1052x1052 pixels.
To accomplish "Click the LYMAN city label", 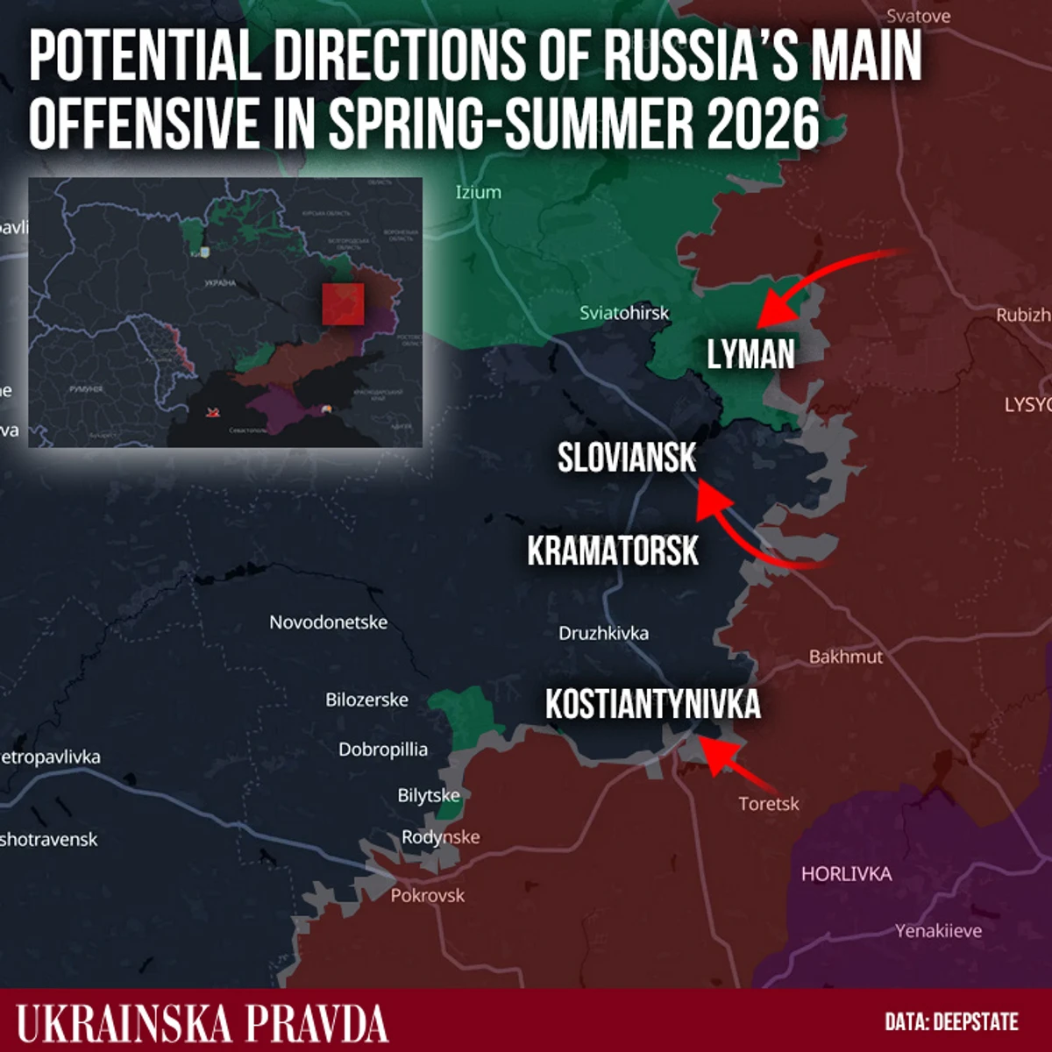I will point(750,354).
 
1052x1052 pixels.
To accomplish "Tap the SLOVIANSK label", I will point(627,458).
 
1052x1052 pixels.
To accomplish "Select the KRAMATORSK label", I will point(613,551).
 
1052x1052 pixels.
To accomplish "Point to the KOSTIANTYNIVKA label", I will point(652,705).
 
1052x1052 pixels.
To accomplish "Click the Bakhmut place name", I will point(845,657).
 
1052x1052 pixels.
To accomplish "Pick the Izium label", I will point(479,192).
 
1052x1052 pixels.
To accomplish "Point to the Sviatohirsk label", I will point(624,313).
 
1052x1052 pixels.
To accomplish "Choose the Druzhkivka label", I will point(604,633).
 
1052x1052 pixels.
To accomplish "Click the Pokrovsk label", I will point(428,895).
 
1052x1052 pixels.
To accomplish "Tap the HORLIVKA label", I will point(846,874).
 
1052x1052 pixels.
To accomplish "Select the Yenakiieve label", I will point(938,931).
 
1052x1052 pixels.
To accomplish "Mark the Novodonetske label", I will point(328,622).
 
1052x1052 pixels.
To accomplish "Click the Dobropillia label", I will point(383,750).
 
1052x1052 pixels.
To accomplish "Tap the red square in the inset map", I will point(343,303).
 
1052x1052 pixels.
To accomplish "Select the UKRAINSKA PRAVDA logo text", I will point(203,1023).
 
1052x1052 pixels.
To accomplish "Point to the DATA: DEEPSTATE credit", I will point(951,1022).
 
